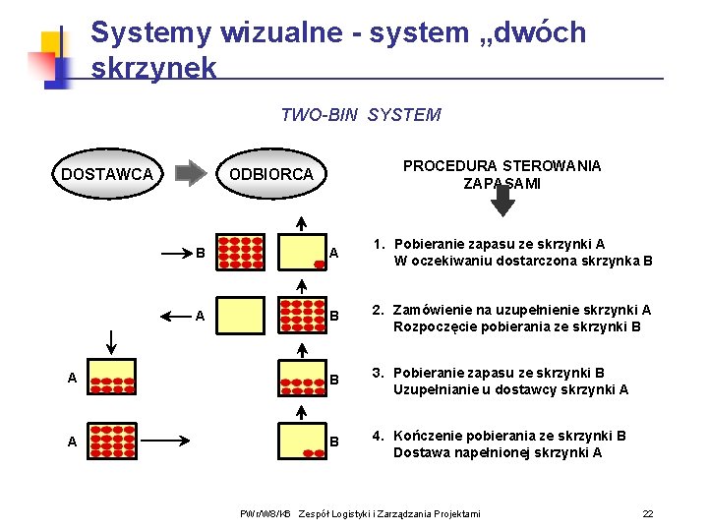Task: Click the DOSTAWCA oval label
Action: coord(107,174)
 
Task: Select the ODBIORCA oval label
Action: coord(270,174)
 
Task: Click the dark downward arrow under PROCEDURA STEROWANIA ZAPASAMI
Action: coord(502,201)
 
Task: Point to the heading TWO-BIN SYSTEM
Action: coord(360,115)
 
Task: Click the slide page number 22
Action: coord(647,514)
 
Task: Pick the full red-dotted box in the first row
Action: coord(240,253)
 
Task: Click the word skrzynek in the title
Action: coord(153,67)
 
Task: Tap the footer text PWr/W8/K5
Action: coord(265,514)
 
